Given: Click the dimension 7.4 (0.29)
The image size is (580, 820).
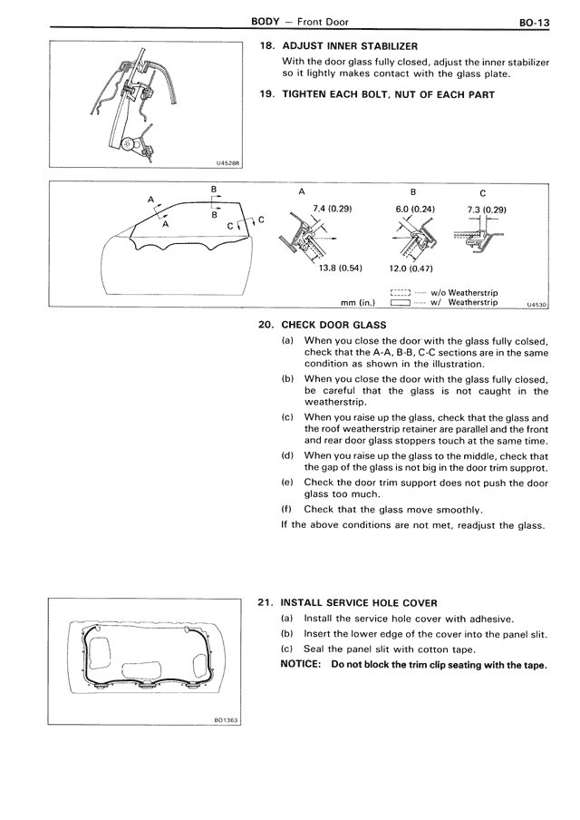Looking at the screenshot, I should tap(331, 209).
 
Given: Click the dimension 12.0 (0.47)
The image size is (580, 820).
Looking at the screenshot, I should tap(410, 268).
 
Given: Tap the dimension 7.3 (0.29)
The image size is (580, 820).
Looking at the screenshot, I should tap(486, 210).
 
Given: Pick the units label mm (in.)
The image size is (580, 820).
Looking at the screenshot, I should tap(357, 303).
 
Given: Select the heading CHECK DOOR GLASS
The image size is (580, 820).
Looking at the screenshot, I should tap(333, 325).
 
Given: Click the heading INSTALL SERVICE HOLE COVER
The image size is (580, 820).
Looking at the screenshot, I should tap(359, 602).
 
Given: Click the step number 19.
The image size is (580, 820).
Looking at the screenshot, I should tap(266, 94).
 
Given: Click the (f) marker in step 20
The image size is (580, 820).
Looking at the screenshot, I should tap(286, 510).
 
